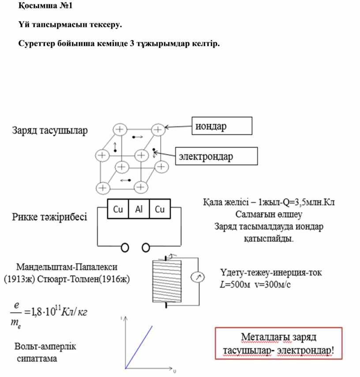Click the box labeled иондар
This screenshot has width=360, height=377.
click(x=222, y=126)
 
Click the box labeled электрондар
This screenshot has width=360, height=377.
click(x=216, y=156)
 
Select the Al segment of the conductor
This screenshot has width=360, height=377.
click(x=139, y=209)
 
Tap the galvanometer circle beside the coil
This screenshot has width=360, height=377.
click(x=198, y=277)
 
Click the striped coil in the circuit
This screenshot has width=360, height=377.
click(x=167, y=281)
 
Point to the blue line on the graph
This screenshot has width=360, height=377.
click(x=139, y=347)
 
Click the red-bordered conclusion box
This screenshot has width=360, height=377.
click(x=278, y=343)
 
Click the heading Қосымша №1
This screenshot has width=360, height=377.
click(x=45, y=6)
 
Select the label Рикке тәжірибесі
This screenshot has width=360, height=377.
click(x=49, y=217)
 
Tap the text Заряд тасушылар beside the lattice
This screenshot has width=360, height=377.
click(x=50, y=131)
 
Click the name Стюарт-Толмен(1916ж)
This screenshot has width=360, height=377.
click(x=83, y=279)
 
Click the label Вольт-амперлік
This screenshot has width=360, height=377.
click(x=45, y=347)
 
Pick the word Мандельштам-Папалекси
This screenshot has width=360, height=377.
click(x=67, y=267)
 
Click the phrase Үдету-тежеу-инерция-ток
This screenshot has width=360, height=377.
click(x=271, y=273)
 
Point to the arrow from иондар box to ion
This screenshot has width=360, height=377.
click(x=178, y=127)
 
